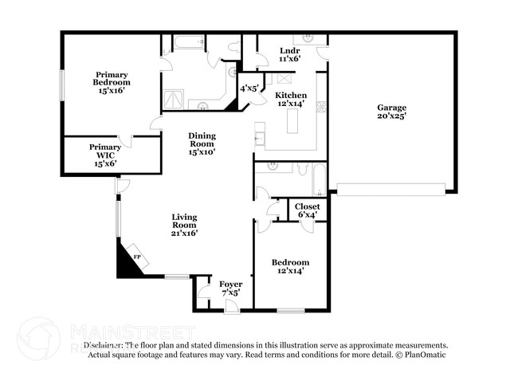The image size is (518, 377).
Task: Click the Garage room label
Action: coord(391,112)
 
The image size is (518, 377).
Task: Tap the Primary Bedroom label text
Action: coord(111,82)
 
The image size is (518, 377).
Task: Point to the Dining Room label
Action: coord(201,143)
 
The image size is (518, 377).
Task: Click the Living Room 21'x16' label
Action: coord(185,225)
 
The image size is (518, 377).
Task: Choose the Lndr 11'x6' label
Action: coord(289,54)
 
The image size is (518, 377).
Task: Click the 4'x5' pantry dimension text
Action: coord(249,88)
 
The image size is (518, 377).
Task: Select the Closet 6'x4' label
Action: coord(308,210)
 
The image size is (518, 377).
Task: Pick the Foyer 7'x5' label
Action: coord(230,288)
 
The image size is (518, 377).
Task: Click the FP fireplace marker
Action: coord(136,258)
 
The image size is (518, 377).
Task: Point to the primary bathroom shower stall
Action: coord(174,100)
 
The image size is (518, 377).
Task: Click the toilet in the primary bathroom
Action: coord(233,49)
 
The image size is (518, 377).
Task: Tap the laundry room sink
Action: coord(305,38)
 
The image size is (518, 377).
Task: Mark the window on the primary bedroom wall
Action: coord(61,84)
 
